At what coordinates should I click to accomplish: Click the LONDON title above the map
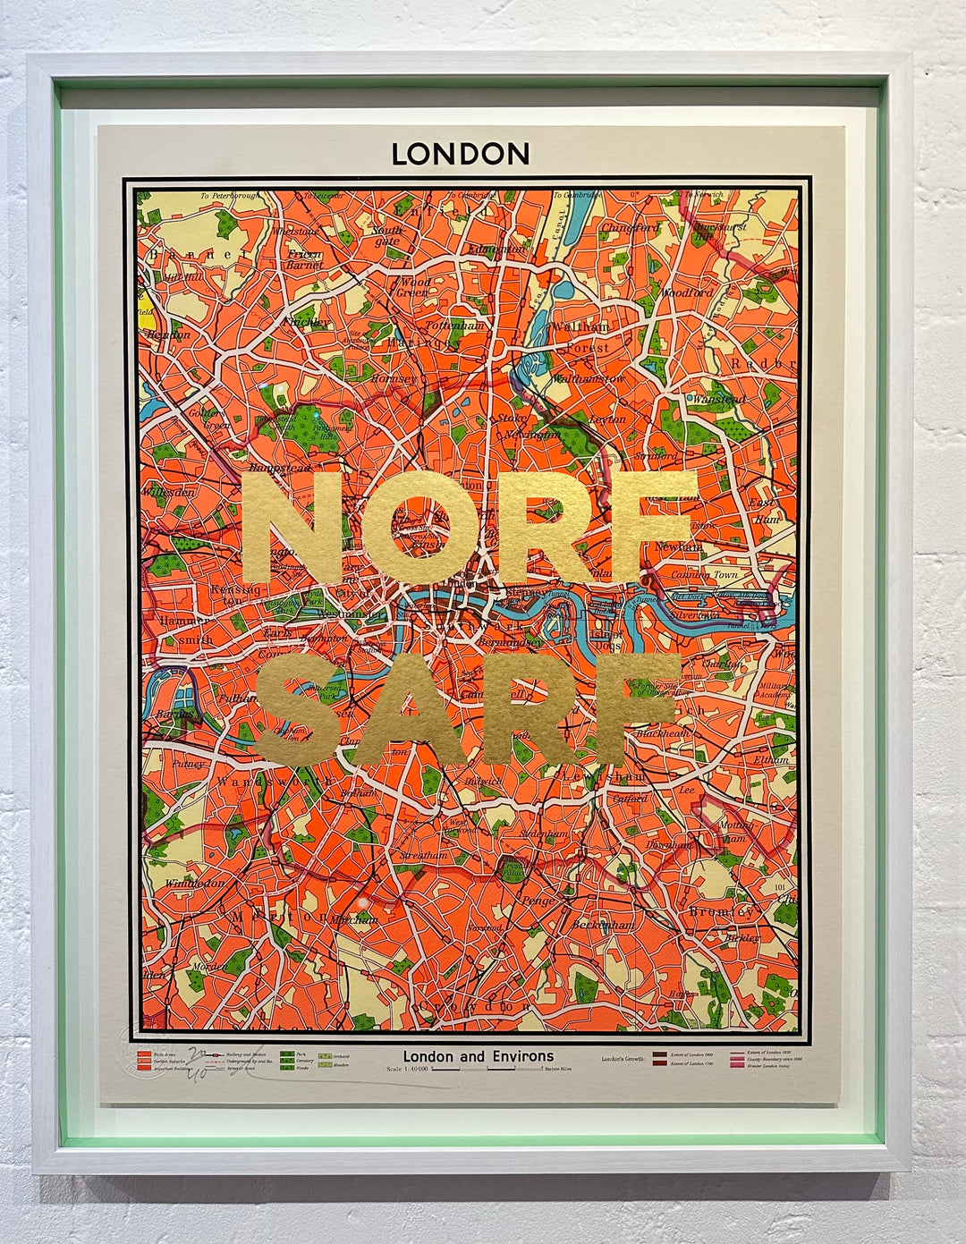tap(461, 154)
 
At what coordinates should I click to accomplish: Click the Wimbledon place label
tap(196, 883)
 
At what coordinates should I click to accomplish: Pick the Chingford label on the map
tap(630, 228)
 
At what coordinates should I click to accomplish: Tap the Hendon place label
tap(167, 334)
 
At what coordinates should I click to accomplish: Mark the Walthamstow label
tap(587, 379)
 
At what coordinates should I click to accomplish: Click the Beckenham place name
tap(604, 925)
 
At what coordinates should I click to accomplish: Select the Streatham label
tap(424, 856)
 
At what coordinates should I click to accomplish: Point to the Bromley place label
tap(722, 911)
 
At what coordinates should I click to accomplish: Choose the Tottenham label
tap(454, 326)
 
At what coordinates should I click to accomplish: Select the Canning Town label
tap(706, 575)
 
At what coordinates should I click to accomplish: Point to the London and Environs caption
tap(478, 1056)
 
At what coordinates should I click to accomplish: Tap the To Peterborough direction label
tap(230, 195)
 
